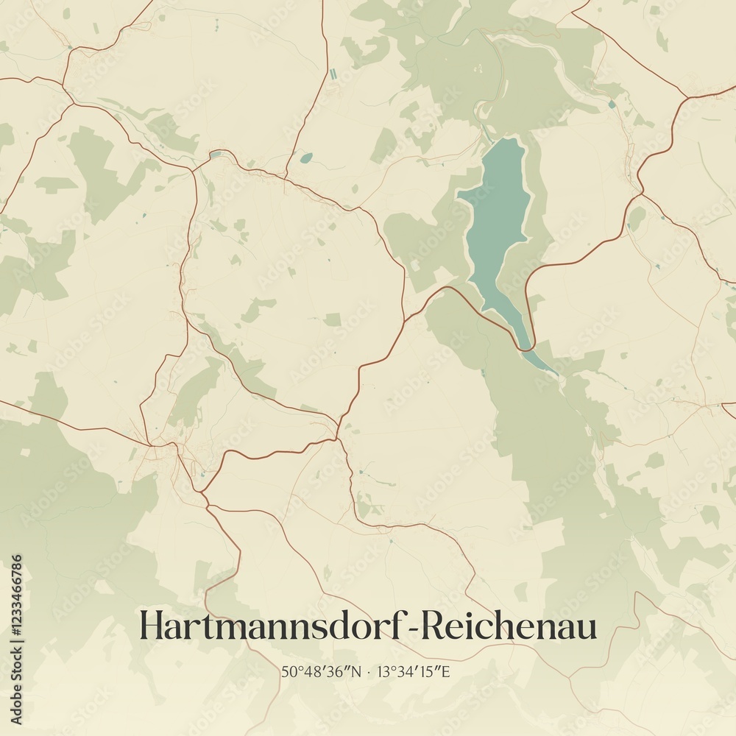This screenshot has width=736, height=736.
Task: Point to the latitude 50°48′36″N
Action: click(x=322, y=671)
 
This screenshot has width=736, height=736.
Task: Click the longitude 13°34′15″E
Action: click(x=414, y=671)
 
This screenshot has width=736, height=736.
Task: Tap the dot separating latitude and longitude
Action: click(x=368, y=671)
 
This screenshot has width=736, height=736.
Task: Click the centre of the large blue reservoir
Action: click(x=497, y=221)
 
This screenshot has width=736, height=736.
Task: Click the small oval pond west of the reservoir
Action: click(x=306, y=158)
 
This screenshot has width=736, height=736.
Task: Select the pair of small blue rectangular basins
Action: click(x=333, y=74)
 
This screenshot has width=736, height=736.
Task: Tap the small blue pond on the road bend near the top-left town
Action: click(x=214, y=155)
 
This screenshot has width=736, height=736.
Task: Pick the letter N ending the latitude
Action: click(x=358, y=671)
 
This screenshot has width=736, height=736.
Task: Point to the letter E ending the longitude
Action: click(x=445, y=671)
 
